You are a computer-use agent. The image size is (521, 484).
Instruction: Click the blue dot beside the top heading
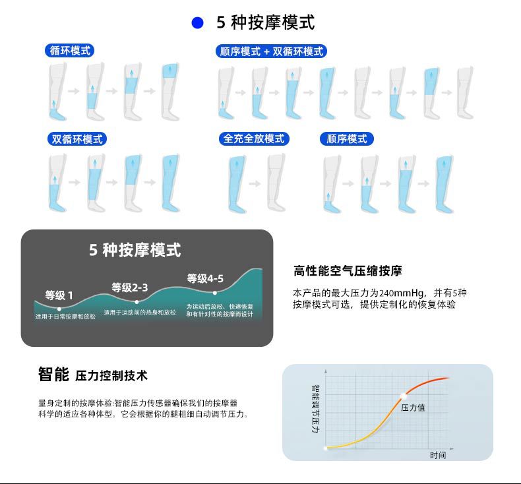197,24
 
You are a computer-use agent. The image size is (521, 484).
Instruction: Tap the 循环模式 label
69,51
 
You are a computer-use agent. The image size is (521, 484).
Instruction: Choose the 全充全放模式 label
254,139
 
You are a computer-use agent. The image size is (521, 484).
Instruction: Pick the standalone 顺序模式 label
347,139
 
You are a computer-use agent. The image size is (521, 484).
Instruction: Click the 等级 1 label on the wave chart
59,295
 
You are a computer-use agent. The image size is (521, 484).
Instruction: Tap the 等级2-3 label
130,287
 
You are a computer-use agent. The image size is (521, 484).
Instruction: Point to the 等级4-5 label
205,278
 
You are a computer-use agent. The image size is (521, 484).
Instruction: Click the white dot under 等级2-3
137,302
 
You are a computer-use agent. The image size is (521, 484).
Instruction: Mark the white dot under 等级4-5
215,292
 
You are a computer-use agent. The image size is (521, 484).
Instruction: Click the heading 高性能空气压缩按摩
348,271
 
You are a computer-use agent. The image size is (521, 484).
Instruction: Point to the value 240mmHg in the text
402,293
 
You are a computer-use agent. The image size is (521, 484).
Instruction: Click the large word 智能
53,375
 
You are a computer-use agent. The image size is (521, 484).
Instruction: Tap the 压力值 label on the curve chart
413,408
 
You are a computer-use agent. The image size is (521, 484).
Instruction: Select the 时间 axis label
438,455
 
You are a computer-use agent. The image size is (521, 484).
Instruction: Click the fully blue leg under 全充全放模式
237,185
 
